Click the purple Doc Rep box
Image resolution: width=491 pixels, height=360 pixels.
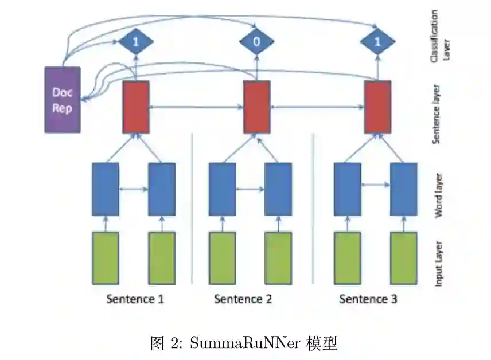point(63,100)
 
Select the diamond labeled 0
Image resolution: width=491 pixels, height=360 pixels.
point(256,42)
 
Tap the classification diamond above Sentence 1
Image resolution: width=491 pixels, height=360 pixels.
point(135,42)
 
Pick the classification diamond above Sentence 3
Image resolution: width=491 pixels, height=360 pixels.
point(377,42)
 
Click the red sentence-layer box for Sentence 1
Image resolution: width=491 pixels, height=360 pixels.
point(136,107)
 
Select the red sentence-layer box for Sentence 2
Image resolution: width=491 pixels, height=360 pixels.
point(256,107)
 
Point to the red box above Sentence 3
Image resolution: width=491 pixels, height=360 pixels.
point(378,107)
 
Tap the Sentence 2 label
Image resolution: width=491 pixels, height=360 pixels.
point(243,299)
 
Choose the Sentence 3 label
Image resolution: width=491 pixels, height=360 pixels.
point(368,299)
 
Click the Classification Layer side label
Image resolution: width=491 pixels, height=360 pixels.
point(439,36)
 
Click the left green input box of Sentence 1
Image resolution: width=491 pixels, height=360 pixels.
point(106,258)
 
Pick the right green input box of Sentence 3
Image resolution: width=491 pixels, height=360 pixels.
point(404,258)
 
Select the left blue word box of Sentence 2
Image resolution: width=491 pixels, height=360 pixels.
point(222,189)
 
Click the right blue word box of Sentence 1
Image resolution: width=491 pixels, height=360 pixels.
point(162,189)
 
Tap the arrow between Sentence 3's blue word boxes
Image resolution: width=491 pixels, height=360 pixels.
point(376,185)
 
